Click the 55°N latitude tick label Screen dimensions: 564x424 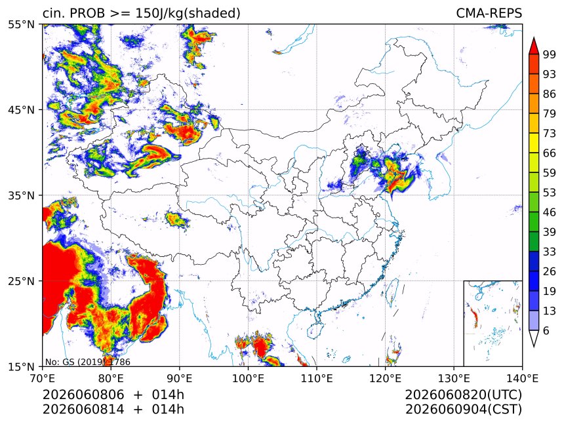click(20, 24)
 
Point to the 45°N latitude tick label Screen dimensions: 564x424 click(20, 109)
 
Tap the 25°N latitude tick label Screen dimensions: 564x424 click(20, 280)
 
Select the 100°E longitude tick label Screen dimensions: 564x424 click(248, 378)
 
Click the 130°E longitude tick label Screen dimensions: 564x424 click(454, 378)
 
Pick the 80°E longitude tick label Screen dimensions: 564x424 click(111, 378)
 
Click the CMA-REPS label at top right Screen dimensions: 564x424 click(489, 13)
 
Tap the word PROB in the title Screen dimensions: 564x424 click(87, 13)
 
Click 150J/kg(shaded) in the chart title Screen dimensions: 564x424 click(188, 14)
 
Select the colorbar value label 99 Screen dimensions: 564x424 click(550, 54)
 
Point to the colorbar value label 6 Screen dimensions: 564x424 click(546, 330)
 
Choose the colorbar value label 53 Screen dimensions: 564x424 click(550, 193)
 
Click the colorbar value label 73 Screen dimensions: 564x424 click(550, 133)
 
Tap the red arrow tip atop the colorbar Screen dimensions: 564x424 click(534, 37)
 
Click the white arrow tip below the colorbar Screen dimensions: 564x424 click(534, 347)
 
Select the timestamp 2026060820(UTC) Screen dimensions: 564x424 click(463, 395)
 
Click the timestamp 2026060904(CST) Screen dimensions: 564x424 click(463, 410)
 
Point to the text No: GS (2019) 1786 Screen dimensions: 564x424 click(88, 362)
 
